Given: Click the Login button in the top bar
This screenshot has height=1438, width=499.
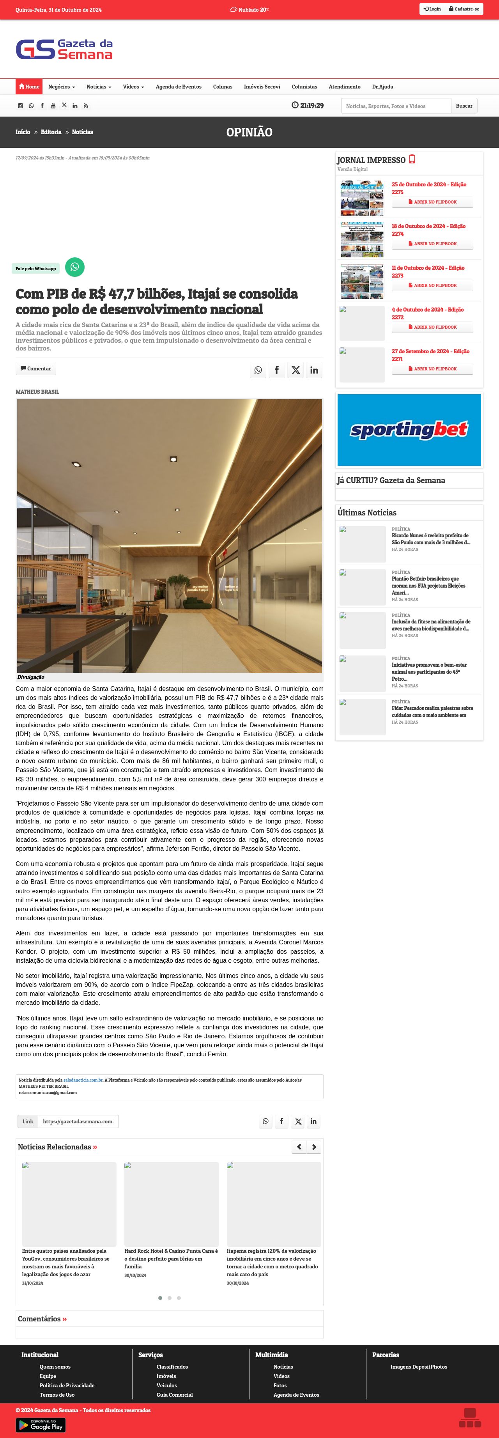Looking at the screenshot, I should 432,9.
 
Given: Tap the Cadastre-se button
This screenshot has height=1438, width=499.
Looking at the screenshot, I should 464,9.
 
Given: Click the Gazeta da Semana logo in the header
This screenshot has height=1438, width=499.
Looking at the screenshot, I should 64,49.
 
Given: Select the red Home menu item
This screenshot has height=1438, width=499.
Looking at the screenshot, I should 29,87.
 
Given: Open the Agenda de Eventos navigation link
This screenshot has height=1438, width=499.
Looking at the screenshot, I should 179,87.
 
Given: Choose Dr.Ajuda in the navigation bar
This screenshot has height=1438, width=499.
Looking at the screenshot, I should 382,87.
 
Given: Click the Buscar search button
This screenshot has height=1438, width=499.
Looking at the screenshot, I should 464,106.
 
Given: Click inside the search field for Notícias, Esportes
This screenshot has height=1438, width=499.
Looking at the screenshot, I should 396,106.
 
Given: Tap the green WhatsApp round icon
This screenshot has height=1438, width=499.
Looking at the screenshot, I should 75,267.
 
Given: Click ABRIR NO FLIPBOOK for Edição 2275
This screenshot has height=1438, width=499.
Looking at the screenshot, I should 432,202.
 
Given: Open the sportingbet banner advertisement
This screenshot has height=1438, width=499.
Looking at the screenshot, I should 409,430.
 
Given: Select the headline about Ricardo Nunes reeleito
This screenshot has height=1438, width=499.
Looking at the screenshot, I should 430,539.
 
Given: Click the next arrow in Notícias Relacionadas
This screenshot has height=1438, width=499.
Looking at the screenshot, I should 314,1147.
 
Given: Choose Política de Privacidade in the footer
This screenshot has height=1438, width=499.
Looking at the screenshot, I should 67,1385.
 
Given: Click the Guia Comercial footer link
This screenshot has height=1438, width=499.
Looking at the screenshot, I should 174,1394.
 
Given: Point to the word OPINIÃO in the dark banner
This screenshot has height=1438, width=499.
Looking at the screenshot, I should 249,132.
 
